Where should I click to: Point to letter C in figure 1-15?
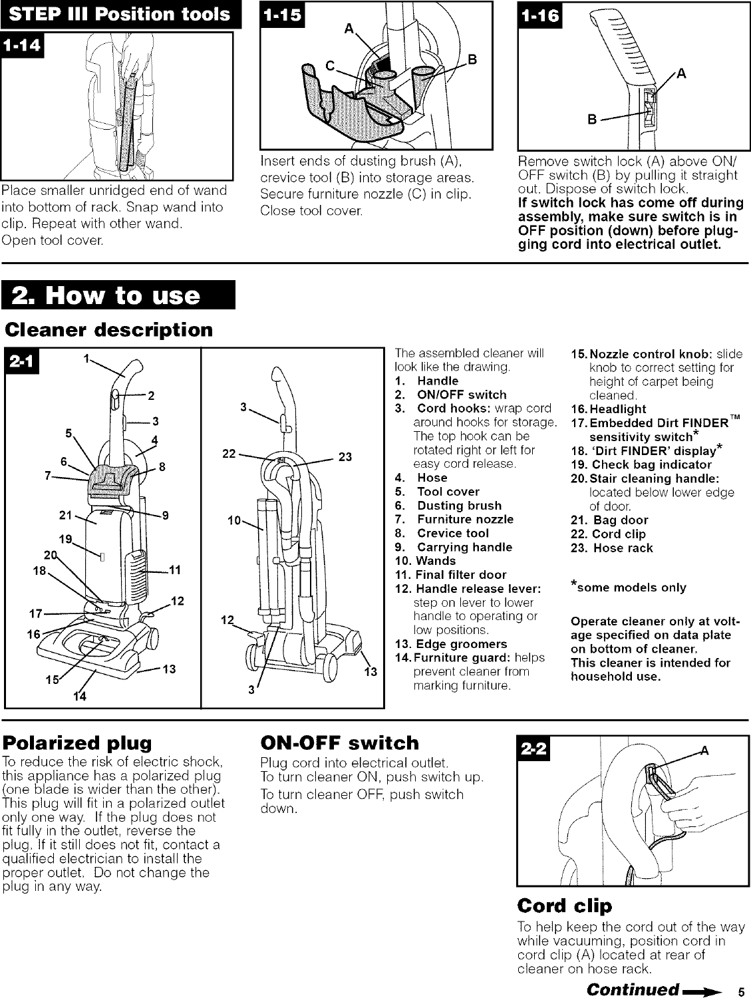coord(329,67)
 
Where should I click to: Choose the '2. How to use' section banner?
coord(120,295)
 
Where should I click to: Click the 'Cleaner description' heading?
coord(109,330)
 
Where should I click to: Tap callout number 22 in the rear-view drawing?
coord(229,454)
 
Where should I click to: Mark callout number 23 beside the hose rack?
coord(346,457)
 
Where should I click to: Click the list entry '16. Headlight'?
coord(609,409)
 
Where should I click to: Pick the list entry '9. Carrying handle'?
coord(454,547)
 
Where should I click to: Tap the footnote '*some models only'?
coord(629,587)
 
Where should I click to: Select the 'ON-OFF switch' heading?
coord(340,743)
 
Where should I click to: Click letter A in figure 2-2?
coord(705,750)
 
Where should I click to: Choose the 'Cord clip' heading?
coord(564,906)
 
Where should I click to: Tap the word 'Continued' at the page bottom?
coord(632,988)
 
